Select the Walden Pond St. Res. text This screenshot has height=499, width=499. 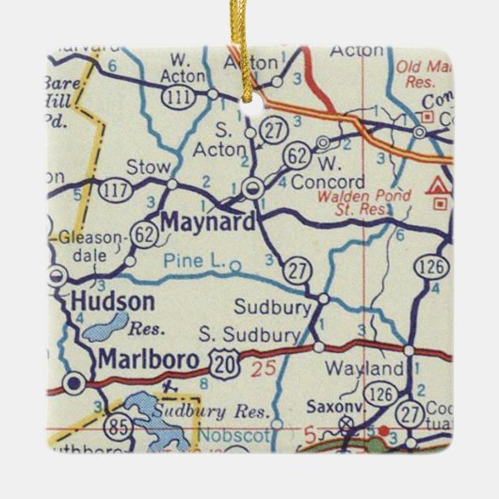352,202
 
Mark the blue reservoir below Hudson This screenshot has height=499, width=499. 106,327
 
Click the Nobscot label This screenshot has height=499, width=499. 233,436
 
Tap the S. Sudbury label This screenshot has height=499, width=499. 249,333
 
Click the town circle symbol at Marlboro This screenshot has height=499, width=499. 73,382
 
